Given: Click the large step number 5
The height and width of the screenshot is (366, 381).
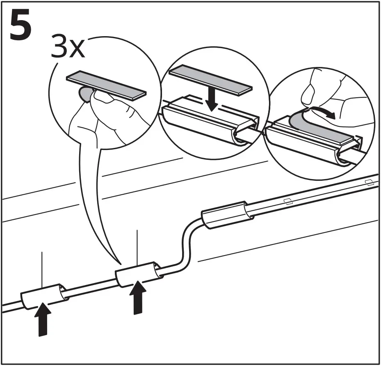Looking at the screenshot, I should coord(21,26).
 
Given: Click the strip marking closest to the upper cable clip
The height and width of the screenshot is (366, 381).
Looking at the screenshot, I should coord(288,201).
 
